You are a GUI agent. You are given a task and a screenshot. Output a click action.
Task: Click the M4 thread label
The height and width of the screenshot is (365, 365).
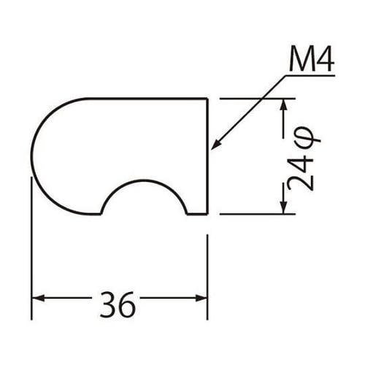click(x=312, y=60)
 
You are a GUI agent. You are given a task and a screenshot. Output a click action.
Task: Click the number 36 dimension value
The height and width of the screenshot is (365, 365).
click(x=118, y=304)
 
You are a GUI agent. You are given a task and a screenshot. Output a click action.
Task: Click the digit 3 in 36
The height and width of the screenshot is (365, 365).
click(x=108, y=304)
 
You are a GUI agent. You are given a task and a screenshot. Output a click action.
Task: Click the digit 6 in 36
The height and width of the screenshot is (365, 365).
click(x=127, y=304)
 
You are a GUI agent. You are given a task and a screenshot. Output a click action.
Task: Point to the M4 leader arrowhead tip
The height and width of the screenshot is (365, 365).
click(x=211, y=150)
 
